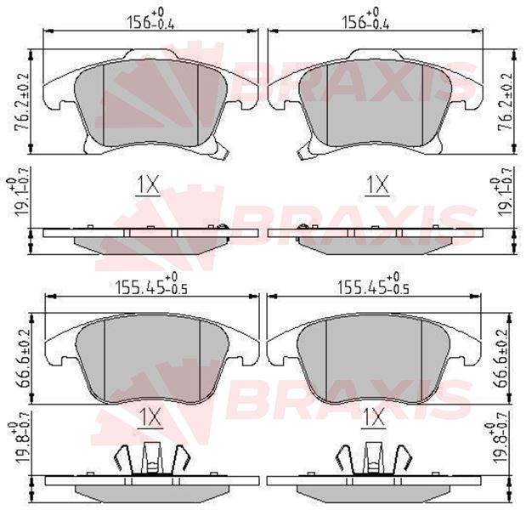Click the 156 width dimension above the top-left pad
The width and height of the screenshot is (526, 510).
pyautogui.click(x=150, y=19)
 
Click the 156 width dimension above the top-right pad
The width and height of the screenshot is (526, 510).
pyautogui.click(x=365, y=19)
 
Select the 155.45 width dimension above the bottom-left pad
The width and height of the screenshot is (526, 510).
pyautogui.click(x=151, y=284)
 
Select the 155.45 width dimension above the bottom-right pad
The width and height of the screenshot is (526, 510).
pyautogui.click(x=373, y=284)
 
